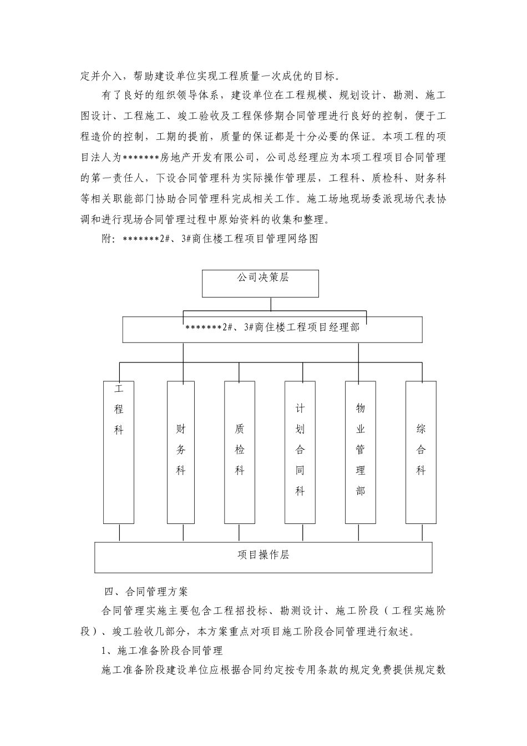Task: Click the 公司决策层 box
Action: pos(260,283)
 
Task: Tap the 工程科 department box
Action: pos(119,452)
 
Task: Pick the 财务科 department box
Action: pos(181,452)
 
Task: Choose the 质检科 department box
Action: pos(240,452)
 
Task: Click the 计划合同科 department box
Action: pos(300,452)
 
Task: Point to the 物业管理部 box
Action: pos(361,452)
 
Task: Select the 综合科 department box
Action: pos(421,452)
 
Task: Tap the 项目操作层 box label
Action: pos(263,556)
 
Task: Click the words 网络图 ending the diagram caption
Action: pos(303,240)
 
